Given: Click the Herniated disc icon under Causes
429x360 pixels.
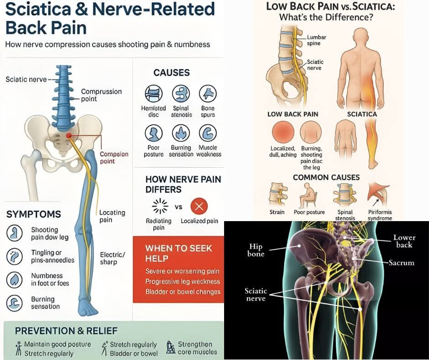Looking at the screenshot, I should pos(153,94).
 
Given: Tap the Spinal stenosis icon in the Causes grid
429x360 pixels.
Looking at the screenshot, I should pos(181,94).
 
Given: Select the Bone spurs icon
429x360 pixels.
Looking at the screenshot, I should pos(208,94).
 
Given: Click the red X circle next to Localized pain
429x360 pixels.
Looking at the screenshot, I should pos(199,207).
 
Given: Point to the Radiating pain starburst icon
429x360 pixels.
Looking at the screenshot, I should pos(159,206).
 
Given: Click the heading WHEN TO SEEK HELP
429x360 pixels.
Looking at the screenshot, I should pos(178,253).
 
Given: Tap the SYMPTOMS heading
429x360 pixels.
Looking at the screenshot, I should pos(33,214).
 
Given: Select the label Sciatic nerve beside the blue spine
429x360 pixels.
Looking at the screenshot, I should pos(26,79).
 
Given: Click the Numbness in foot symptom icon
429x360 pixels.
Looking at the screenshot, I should pos(15,279).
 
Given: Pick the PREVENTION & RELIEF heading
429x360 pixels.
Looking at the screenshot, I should pos(66,330).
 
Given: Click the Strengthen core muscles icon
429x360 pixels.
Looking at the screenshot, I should pos(171,348).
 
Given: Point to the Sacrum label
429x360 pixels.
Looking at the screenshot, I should pos(401,263).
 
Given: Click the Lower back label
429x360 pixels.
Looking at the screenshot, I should pos(404,241).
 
